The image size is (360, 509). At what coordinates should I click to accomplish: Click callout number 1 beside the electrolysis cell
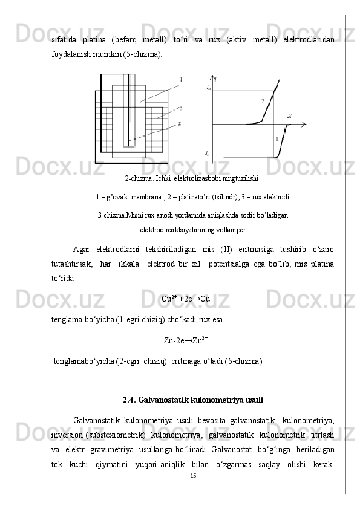(181, 80)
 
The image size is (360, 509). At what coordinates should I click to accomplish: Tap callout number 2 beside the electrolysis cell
(180, 109)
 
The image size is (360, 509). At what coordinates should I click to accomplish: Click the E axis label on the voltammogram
(290, 115)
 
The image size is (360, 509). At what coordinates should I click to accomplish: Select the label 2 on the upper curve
(262, 101)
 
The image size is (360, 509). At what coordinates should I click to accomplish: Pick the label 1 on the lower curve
(277, 139)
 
